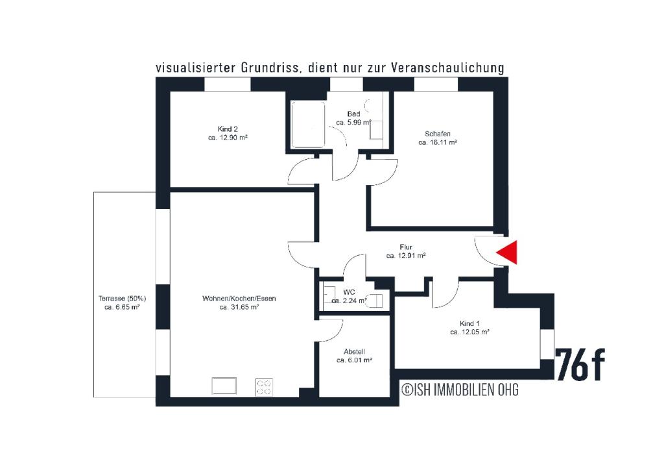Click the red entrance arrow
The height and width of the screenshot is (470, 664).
pyautogui.click(x=509, y=253)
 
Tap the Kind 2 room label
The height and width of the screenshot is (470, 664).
pyautogui.click(x=222, y=129)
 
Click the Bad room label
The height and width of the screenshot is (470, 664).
pyautogui.click(x=353, y=114)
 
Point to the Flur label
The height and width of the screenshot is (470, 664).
pyautogui.click(x=406, y=247)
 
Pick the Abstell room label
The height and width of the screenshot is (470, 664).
pyautogui.click(x=354, y=351)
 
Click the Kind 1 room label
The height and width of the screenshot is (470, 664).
pyautogui.click(x=469, y=323)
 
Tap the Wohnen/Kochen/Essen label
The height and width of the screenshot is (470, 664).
pyautogui.click(x=239, y=299)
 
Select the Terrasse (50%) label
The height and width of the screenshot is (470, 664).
pyautogui.click(x=123, y=299)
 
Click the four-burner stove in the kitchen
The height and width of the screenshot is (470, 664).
pyautogui.click(x=263, y=388)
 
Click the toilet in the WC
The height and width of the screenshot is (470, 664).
pyautogui.click(x=375, y=300)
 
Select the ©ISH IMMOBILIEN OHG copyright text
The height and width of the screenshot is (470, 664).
pyautogui.click(x=460, y=390)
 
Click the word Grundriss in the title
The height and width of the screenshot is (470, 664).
pyautogui.click(x=265, y=68)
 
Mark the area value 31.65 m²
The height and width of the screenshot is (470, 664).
pyautogui.click(x=239, y=308)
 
